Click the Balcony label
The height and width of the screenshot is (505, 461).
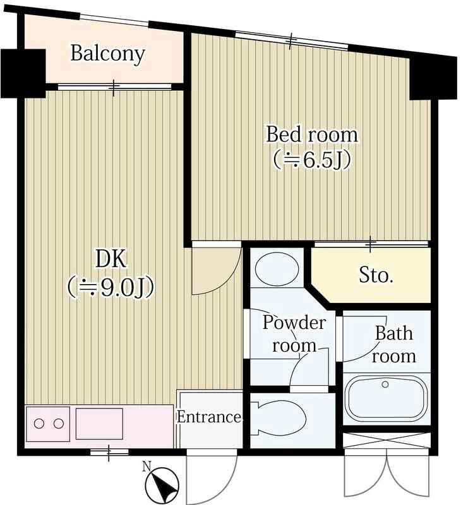(x=107, y=54)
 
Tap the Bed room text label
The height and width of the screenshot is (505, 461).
(x=312, y=134)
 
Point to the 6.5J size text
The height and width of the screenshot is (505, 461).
(x=312, y=160)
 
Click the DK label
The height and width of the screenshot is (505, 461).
(x=111, y=259)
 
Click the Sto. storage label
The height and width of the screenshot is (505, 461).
(x=376, y=275)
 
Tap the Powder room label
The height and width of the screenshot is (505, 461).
(x=294, y=334)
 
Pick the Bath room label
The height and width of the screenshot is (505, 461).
(x=393, y=345)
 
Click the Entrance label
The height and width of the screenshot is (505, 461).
(x=210, y=417)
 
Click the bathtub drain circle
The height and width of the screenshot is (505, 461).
(x=385, y=384)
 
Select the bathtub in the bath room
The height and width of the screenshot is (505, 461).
(x=386, y=399)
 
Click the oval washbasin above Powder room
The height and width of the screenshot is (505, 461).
(x=277, y=268)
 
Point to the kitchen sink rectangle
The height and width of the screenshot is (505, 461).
(x=99, y=424)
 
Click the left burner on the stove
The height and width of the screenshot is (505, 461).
(x=39, y=424)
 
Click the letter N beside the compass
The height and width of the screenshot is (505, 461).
(x=147, y=466)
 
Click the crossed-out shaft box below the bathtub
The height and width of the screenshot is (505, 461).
(x=386, y=441)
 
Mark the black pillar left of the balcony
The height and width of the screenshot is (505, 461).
(x=23, y=73)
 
